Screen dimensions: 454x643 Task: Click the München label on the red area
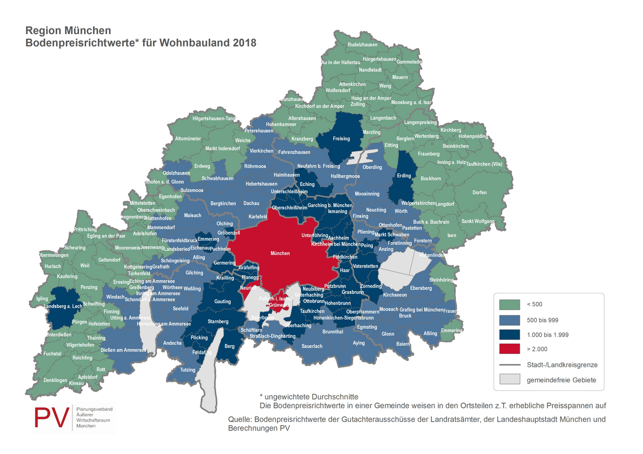(280, 253)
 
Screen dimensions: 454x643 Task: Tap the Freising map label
(341, 139)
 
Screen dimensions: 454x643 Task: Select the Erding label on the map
(403, 176)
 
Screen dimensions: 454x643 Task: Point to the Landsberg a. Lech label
(63, 306)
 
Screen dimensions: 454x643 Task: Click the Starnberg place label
(218, 321)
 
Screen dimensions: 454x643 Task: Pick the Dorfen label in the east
(480, 193)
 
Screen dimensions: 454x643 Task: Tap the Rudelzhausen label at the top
(363, 45)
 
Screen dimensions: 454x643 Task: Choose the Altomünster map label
(188, 139)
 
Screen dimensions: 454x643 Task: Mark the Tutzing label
(188, 370)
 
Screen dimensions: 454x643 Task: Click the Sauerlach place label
(312, 346)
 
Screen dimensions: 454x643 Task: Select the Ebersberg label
(421, 289)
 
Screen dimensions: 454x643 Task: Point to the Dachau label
(251, 203)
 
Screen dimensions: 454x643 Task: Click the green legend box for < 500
(510, 305)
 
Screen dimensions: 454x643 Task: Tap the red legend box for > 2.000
(510, 349)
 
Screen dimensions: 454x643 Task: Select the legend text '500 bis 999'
(543, 320)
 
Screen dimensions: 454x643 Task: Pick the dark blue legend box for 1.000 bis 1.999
(510, 335)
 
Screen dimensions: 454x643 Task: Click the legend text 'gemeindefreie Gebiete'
(562, 380)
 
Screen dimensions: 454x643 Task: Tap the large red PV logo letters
(52, 418)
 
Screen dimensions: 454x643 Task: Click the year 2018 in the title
(244, 42)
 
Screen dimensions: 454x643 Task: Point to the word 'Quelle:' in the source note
(240, 420)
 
